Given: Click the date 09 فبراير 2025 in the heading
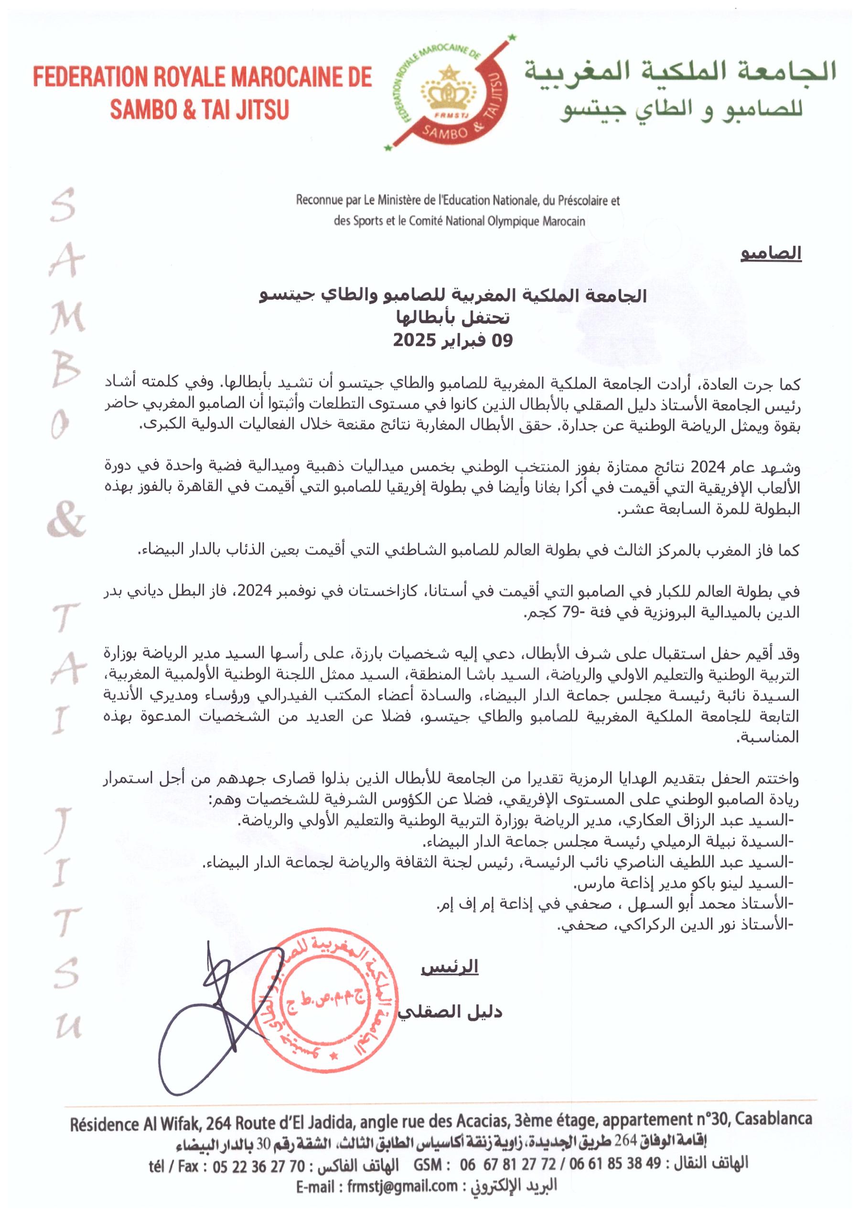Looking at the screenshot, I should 453,340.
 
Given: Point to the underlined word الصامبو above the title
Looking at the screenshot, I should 771,253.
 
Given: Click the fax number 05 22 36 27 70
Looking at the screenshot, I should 258,1166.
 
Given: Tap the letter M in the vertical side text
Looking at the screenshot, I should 68,317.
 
